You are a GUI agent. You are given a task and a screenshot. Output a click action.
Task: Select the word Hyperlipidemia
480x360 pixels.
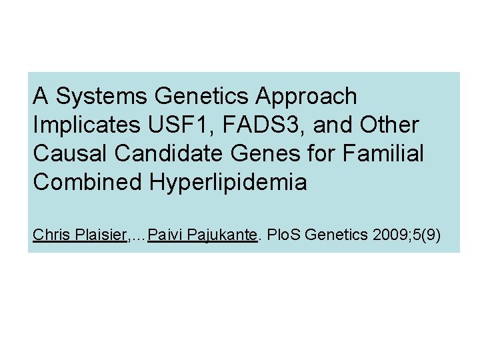coord(227,183)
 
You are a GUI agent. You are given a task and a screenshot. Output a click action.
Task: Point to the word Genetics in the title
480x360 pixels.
coord(201,97)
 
